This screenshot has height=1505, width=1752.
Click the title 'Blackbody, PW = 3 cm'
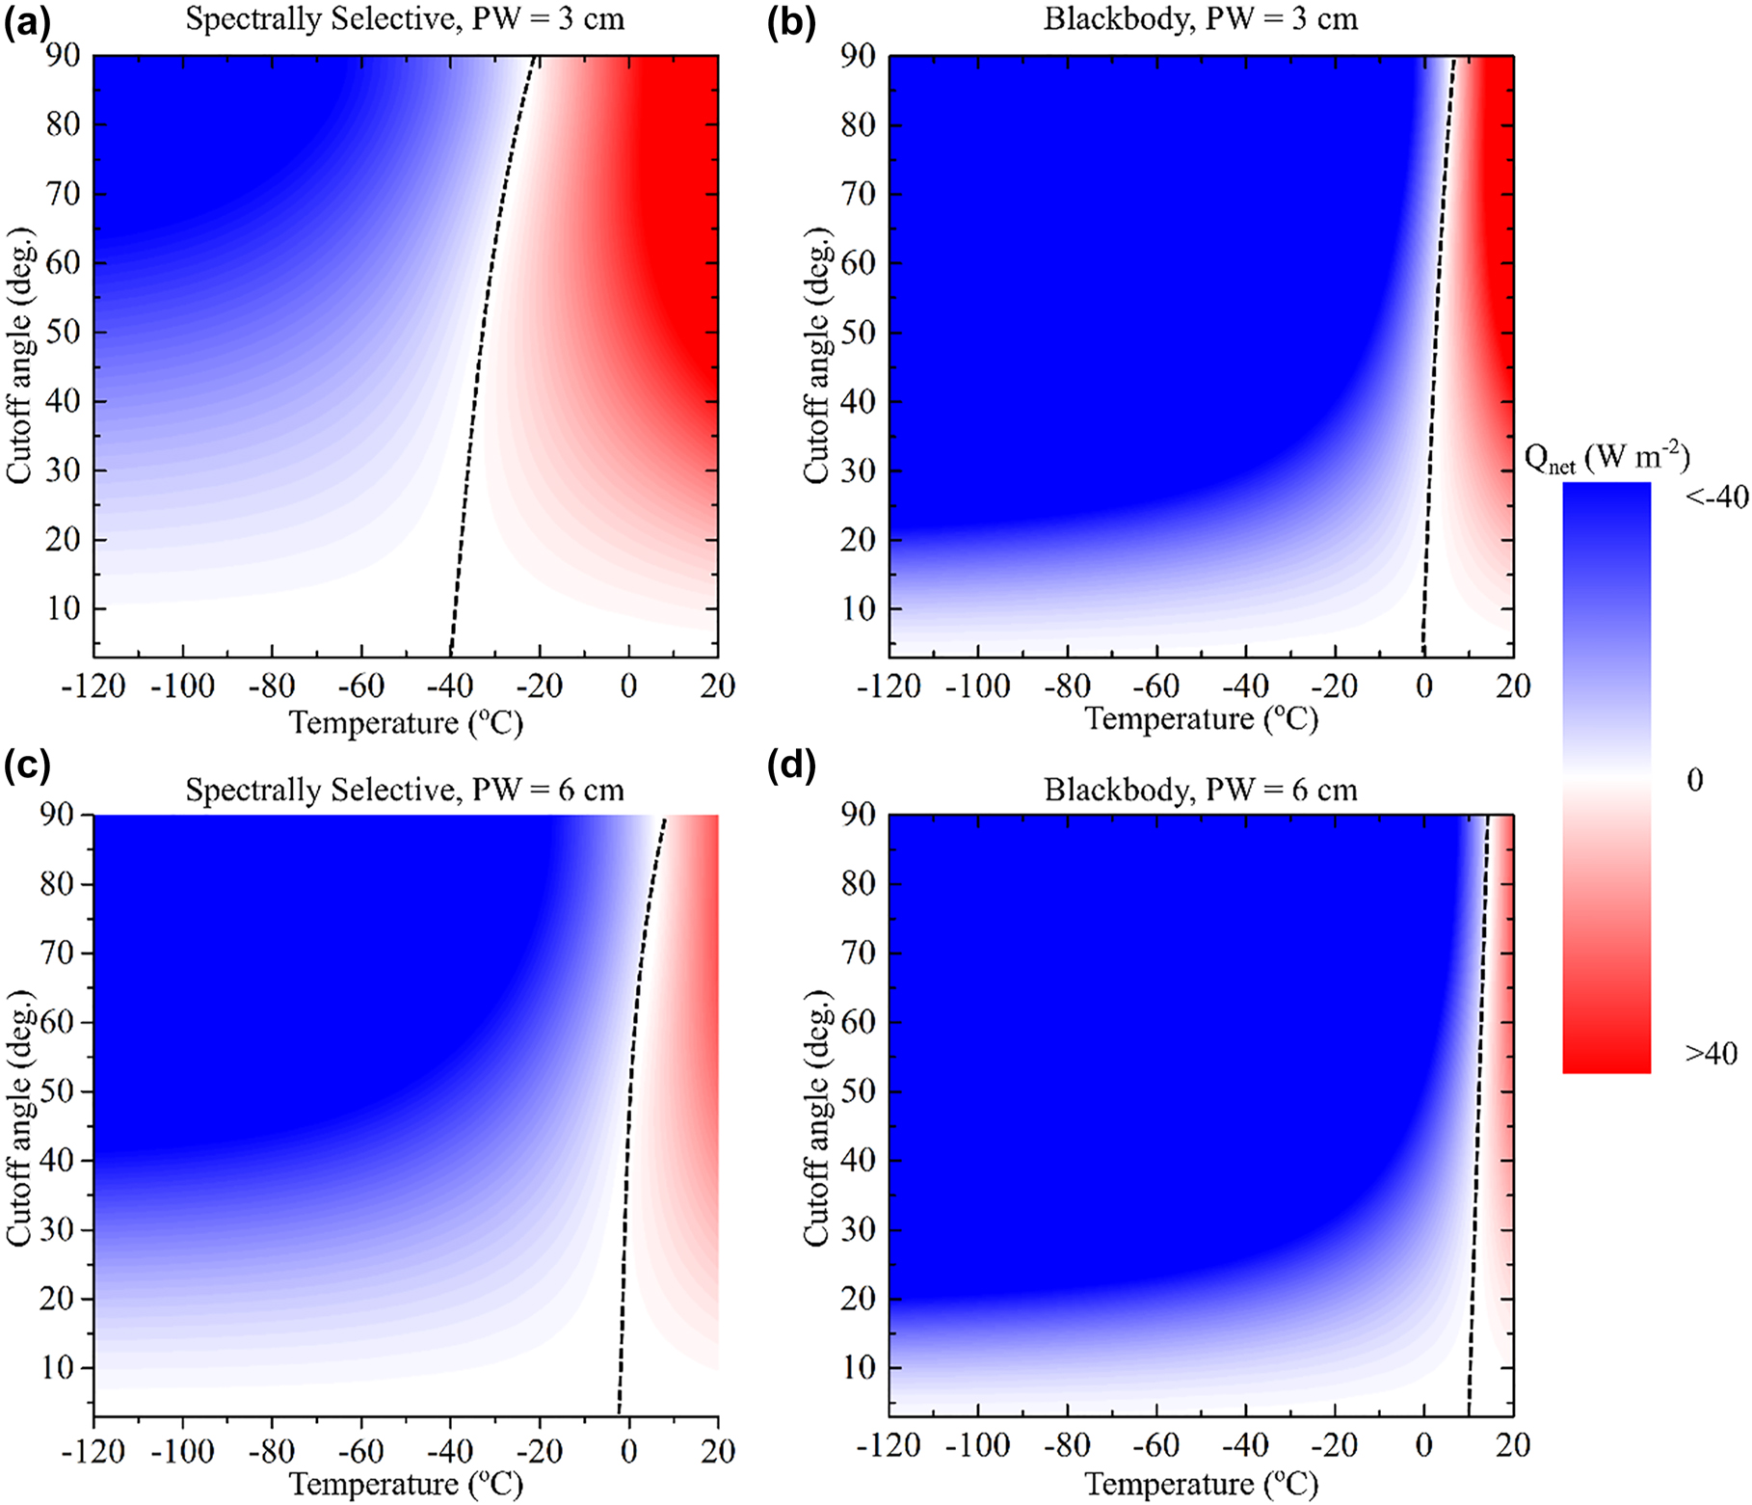pyautogui.click(x=1200, y=20)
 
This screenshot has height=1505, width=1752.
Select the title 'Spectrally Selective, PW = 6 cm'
pyautogui.click(x=405, y=791)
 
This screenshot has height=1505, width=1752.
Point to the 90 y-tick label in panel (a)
pyautogui.click(x=65, y=57)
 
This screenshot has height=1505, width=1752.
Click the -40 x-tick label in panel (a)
pyautogui.click(x=450, y=686)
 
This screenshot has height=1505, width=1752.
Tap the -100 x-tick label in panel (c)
pyautogui.click(x=182, y=1450)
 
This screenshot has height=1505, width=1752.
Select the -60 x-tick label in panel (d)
pyautogui.click(x=1155, y=1445)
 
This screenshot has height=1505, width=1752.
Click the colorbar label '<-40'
pyautogui.click(x=1716, y=497)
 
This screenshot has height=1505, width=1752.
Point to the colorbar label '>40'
pyautogui.click(x=1712, y=1054)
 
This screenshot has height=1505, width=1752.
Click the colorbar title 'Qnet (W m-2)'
pyautogui.click(x=1606, y=458)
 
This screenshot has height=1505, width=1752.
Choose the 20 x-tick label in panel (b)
pyautogui.click(x=1513, y=686)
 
